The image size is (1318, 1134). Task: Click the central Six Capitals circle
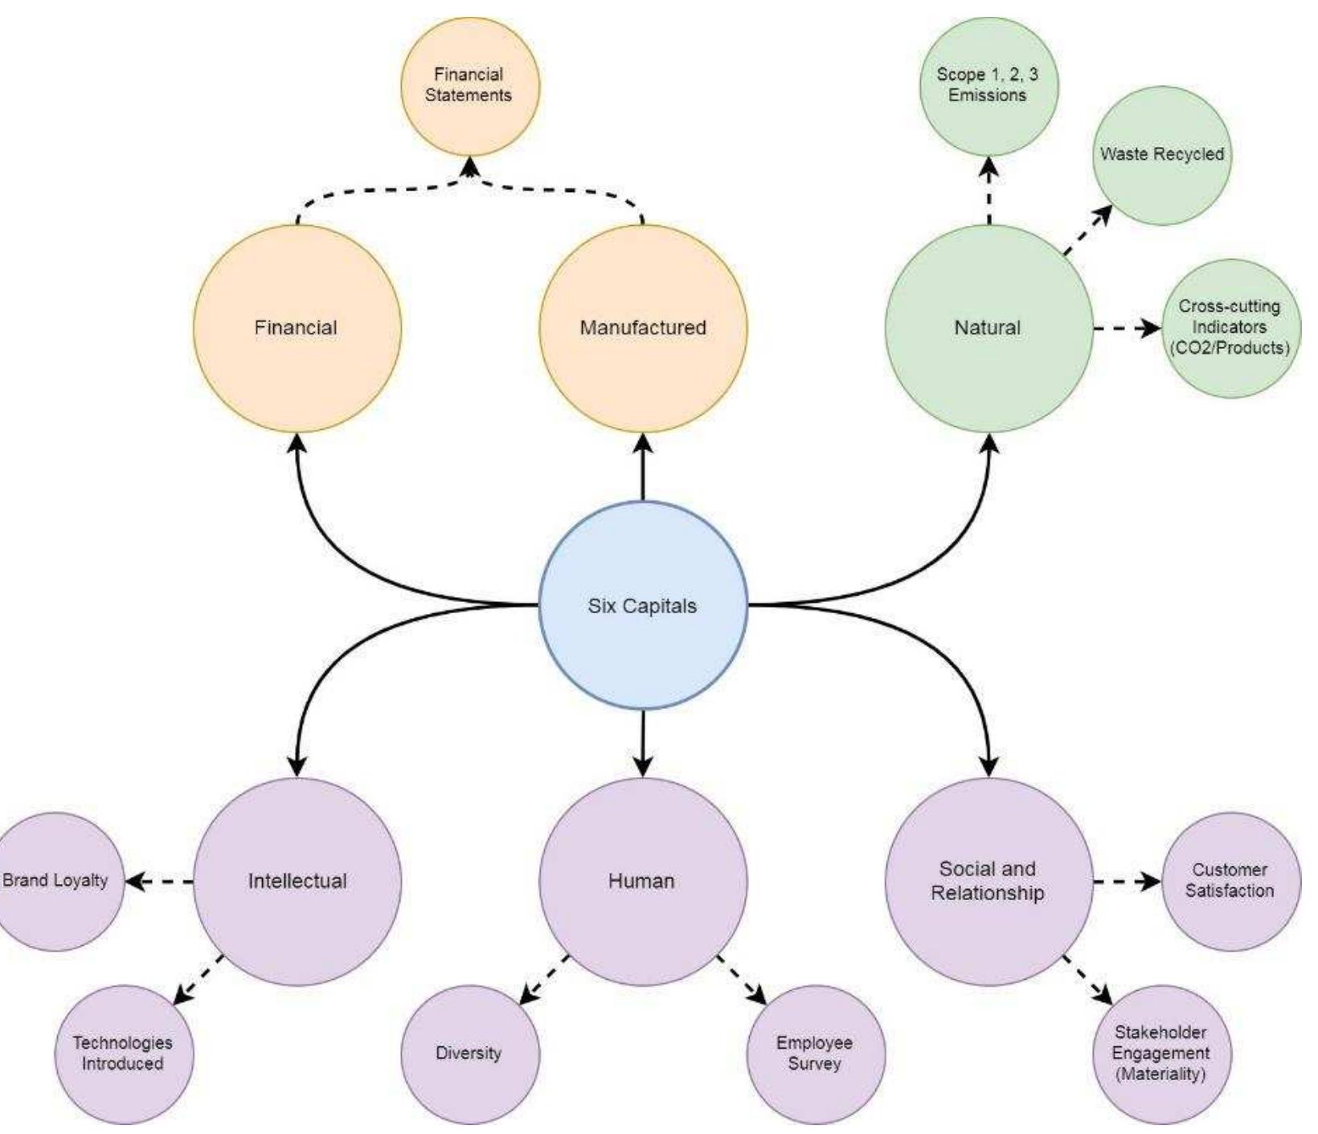coord(642,605)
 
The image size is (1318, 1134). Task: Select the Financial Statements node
coord(469,85)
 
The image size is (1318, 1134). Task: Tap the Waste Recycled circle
coord(1161,154)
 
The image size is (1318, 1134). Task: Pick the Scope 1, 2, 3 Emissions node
coord(988,85)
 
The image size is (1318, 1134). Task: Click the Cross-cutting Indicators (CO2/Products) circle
coord(1230,327)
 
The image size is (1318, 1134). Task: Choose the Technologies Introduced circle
coord(123,1053)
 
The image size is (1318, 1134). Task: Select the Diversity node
coord(469,1053)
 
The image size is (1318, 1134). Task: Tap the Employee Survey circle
coord(815,1053)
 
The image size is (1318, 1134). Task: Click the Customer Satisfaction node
coord(1230,881)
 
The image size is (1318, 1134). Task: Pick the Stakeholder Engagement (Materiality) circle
coord(1161,1053)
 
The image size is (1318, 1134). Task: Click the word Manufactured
coord(643,328)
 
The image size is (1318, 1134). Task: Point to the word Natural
coord(988,328)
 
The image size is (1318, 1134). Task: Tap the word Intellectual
coord(297,882)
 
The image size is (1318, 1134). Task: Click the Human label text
coord(641,882)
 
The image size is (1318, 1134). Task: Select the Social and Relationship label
coord(988,881)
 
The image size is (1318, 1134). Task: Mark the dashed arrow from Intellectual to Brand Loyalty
coord(161,882)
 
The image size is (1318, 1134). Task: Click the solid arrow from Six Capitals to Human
coord(643,743)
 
